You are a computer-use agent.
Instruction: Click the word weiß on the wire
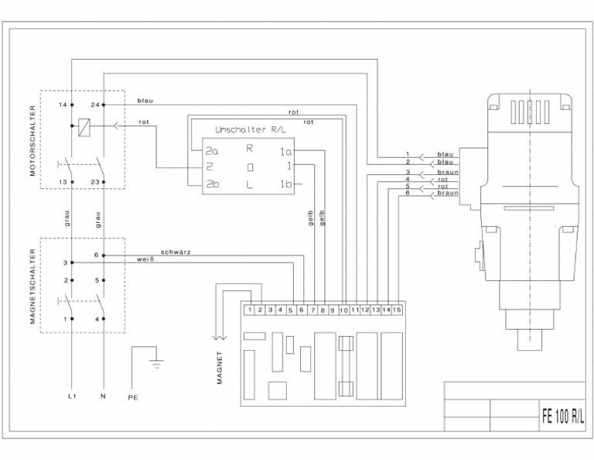click(x=145, y=259)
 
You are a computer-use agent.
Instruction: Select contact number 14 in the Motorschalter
click(x=62, y=104)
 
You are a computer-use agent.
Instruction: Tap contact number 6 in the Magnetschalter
click(x=95, y=255)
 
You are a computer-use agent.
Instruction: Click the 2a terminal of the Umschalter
click(x=211, y=151)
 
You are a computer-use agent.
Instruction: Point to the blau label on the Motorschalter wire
click(x=145, y=101)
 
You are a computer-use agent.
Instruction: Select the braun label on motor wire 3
click(x=447, y=171)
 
